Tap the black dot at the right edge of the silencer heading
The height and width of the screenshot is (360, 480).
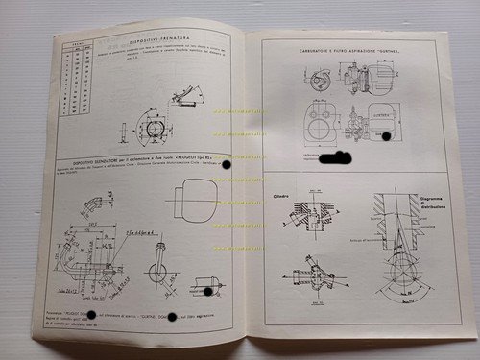228,170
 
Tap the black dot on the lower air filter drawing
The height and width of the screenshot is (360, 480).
386,137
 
